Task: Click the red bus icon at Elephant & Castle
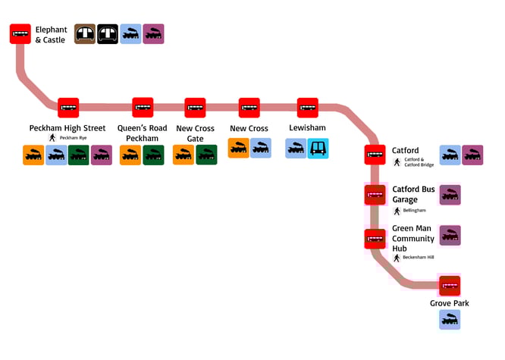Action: pos(20,34)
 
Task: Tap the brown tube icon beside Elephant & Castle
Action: pos(85,33)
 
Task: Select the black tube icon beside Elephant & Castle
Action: pos(108,33)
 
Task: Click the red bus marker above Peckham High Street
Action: pos(68,108)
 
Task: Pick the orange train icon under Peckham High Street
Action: pos(33,155)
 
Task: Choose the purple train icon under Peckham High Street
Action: pos(102,155)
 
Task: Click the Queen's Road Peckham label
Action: pos(143,133)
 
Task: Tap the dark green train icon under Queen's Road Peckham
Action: pos(153,155)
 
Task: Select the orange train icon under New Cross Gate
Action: pos(183,155)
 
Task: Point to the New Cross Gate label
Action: pos(195,133)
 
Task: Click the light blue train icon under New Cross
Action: pos(261,148)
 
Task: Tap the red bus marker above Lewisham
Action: pos(307,108)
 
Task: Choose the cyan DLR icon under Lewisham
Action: pos(318,149)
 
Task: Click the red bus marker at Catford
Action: pos(375,155)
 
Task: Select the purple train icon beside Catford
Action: pos(472,155)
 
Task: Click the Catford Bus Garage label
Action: pos(413,194)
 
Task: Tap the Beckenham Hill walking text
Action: pos(419,258)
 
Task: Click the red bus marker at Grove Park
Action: pos(450,286)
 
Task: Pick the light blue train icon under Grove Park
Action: pos(450,319)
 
